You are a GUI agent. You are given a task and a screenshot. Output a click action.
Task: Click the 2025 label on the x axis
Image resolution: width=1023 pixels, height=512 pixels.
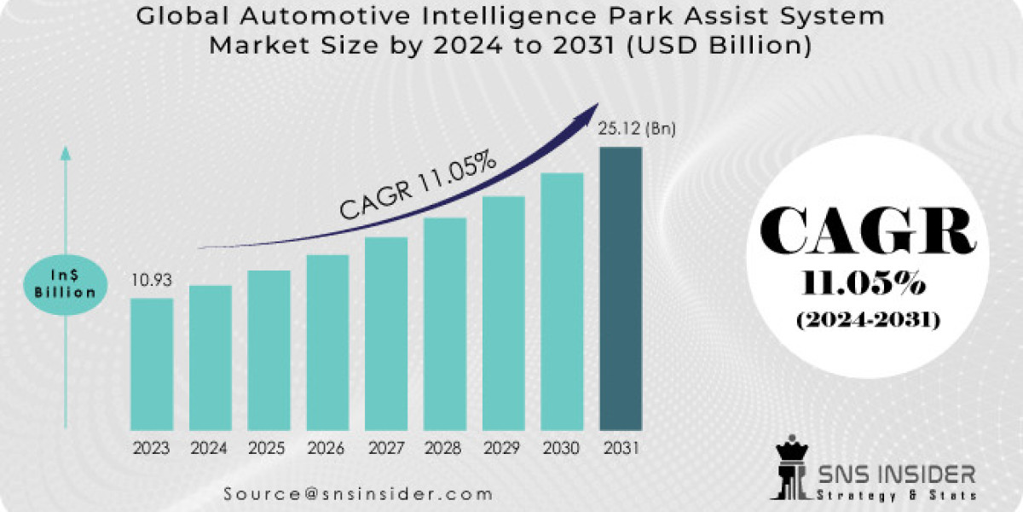pyautogui.click(x=269, y=447)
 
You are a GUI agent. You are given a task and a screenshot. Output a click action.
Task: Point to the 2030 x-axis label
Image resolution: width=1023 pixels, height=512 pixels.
pyautogui.click(x=562, y=447)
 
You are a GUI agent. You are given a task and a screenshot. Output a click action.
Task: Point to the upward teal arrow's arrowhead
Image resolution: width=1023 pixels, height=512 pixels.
pyautogui.click(x=66, y=154)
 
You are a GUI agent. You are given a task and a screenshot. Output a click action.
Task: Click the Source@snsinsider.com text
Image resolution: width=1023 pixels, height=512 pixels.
pyautogui.click(x=359, y=493)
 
